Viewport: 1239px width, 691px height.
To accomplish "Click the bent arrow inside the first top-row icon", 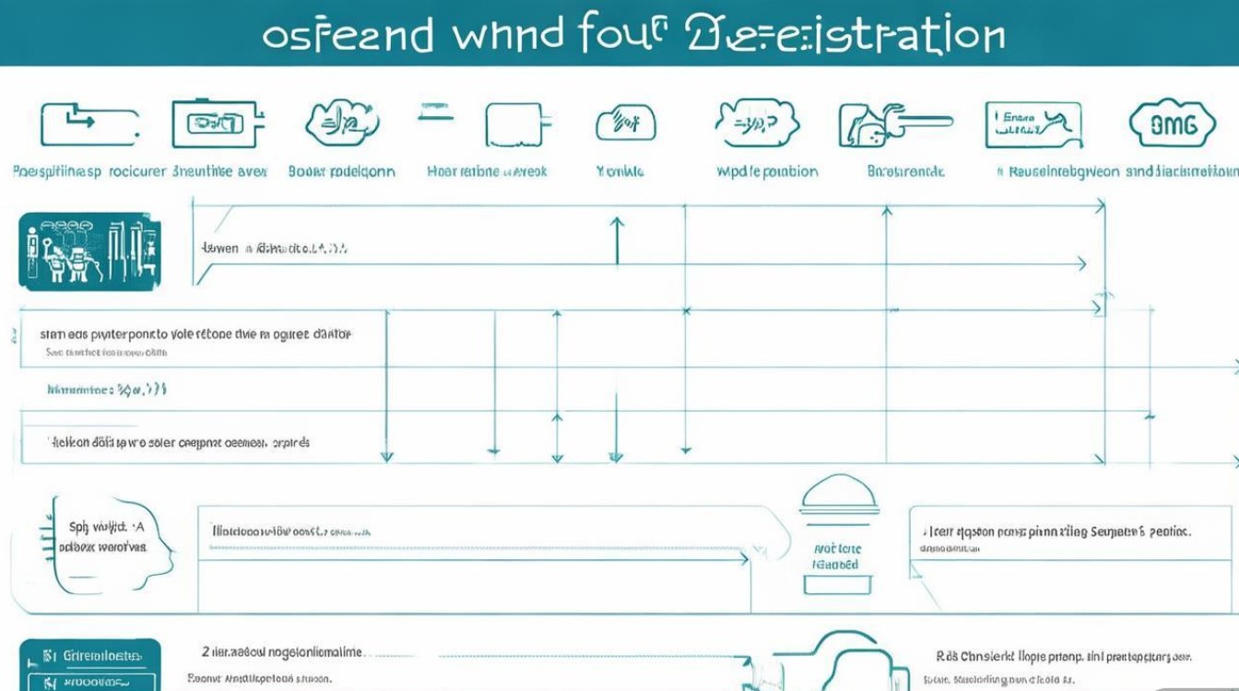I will [x=81, y=120].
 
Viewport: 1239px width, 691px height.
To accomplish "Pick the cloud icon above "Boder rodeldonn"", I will [x=342, y=123].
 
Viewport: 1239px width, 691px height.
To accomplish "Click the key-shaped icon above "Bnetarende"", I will [x=892, y=123].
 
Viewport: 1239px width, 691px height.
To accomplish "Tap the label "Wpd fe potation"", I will [x=767, y=171].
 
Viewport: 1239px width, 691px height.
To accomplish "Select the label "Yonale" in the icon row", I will [x=620, y=171].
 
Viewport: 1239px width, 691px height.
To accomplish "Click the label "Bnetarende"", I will [x=905, y=171].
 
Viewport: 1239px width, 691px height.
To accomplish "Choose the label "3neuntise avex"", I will [x=219, y=171].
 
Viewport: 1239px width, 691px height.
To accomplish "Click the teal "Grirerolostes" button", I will [x=89, y=656].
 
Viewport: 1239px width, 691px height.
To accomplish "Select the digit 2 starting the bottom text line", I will [x=205, y=651].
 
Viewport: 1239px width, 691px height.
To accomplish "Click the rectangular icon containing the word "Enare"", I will [x=1032, y=124].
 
